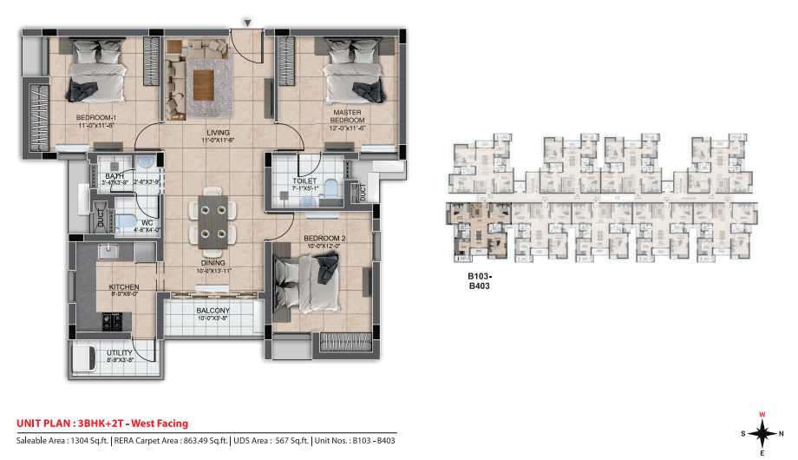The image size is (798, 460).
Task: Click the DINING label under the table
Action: tap(213, 262)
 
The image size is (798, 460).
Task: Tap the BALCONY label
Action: tap(213, 311)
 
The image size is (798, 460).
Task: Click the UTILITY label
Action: tap(119, 354)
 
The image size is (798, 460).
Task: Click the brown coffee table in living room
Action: tap(204, 84)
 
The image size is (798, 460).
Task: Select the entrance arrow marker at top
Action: tap(247, 22)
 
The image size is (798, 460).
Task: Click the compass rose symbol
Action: tap(761, 432)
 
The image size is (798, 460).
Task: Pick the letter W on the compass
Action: tap(762, 414)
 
